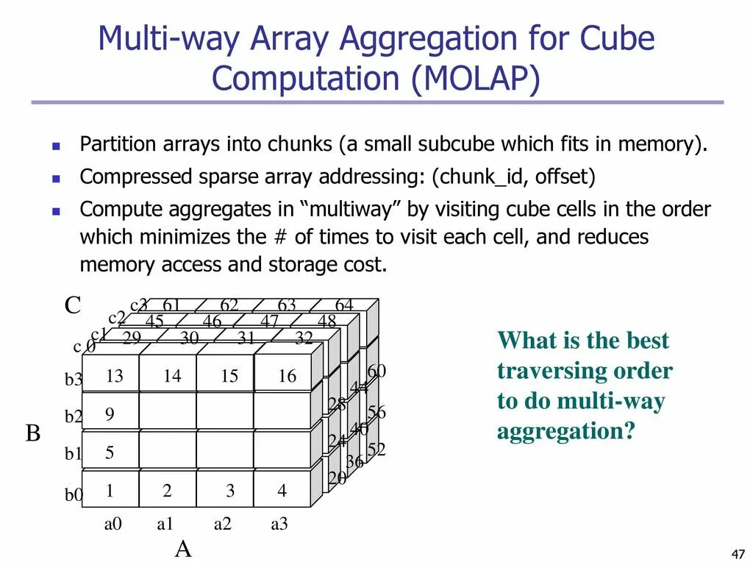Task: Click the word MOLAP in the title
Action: (474, 78)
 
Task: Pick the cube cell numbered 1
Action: (110, 491)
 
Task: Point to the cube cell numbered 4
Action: (282, 491)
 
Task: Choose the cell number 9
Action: (110, 414)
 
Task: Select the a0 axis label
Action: (113, 525)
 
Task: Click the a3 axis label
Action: (279, 525)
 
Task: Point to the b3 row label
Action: (74, 380)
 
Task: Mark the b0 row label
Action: (74, 495)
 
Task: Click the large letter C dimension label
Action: (72, 305)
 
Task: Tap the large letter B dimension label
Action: (33, 433)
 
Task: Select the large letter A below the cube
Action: (183, 549)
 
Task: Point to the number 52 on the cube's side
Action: (376, 449)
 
